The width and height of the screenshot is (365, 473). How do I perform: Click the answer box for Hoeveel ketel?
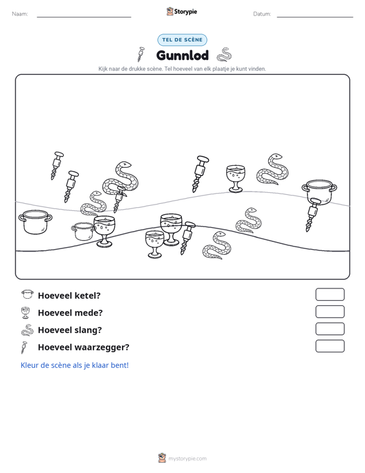tap(330, 294)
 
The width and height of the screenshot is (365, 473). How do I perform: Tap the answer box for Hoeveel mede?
tap(330, 312)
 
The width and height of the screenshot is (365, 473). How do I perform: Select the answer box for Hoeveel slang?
tap(330, 329)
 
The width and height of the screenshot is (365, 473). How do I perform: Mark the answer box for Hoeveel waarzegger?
tap(330, 346)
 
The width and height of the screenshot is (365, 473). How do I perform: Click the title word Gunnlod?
tap(182, 55)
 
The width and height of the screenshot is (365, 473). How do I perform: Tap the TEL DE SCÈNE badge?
tap(182, 40)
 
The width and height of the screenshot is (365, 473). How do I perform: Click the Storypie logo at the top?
tap(182, 12)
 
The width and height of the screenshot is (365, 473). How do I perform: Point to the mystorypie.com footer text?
tap(187, 459)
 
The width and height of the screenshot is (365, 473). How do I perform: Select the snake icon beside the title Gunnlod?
tap(224, 55)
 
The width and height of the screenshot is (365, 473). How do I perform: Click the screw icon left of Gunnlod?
tap(141, 54)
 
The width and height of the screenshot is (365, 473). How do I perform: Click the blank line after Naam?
tap(84, 17)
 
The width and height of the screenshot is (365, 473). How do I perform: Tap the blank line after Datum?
tap(315, 17)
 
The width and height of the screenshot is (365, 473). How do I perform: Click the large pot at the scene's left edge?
tap(35, 222)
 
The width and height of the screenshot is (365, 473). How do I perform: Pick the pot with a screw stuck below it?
tap(319, 192)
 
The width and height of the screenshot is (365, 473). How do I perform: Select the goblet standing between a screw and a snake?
tap(235, 179)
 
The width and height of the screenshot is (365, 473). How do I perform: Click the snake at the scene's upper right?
tap(273, 169)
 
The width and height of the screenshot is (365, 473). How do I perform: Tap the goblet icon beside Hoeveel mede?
tap(26, 312)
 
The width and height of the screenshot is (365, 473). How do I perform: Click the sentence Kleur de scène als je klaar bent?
tap(74, 365)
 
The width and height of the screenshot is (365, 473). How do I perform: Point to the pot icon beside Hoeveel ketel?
tap(28, 294)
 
